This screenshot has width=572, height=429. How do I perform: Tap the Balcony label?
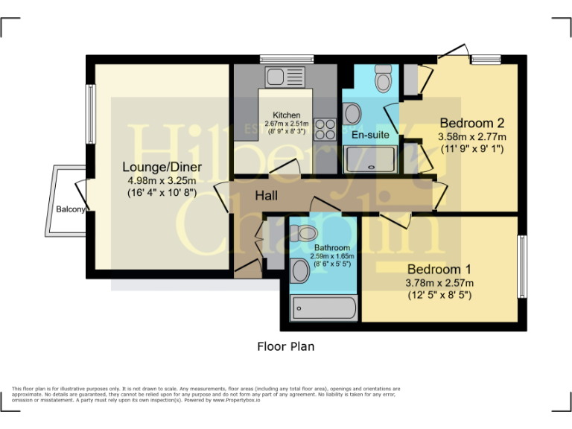[71, 209]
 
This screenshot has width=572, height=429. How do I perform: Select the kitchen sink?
[274, 76]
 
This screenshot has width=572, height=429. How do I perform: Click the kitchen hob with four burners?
[324, 130]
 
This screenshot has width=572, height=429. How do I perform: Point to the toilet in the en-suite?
[384, 77]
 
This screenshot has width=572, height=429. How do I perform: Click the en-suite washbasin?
[352, 114]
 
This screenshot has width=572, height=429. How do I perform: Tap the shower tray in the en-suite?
[371, 158]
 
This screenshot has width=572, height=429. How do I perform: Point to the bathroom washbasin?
[298, 272]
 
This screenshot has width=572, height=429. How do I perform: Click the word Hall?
[267, 196]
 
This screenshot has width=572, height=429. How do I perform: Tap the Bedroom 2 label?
[472, 123]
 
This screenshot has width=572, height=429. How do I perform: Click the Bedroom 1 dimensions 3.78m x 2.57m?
[439, 282]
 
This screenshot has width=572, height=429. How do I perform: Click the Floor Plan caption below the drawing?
[285, 346]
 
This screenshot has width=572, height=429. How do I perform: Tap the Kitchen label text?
[287, 115]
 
